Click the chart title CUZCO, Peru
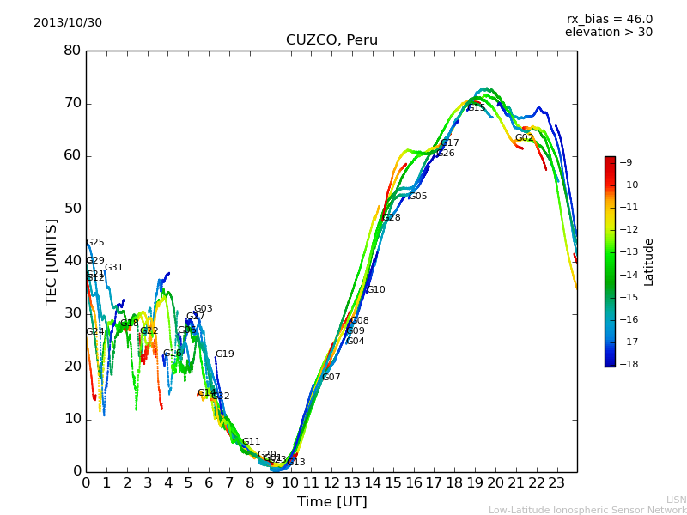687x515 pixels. click(x=331, y=40)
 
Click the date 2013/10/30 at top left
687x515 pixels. click(x=68, y=23)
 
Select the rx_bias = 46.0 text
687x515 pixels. click(x=609, y=20)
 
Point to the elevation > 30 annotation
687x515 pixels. click(x=608, y=33)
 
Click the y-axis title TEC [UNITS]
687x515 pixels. click(x=52, y=261)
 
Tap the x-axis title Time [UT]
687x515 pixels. click(x=331, y=502)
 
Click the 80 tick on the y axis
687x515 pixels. click(x=72, y=51)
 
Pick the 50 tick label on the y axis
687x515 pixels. click(x=72, y=209)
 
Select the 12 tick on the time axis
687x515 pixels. click(x=331, y=482)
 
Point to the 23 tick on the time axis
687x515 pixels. click(x=556, y=482)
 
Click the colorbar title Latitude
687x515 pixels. click(x=649, y=262)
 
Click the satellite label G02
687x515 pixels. click(x=524, y=138)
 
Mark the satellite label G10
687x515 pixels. click(x=375, y=290)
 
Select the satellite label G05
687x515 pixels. click(x=417, y=197)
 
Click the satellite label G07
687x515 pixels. click(x=331, y=378)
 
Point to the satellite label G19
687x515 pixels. click(x=224, y=354)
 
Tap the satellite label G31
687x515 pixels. click(x=114, y=268)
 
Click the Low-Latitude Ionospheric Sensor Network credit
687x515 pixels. click(x=587, y=511)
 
